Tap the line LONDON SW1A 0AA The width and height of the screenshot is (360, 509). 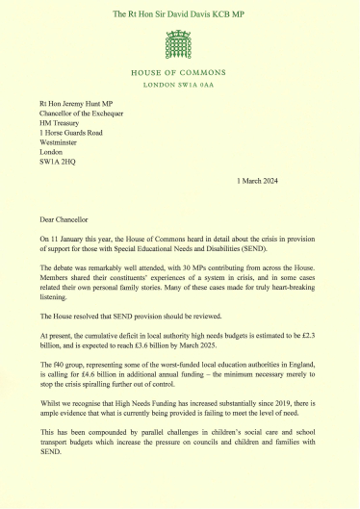(180, 84)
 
